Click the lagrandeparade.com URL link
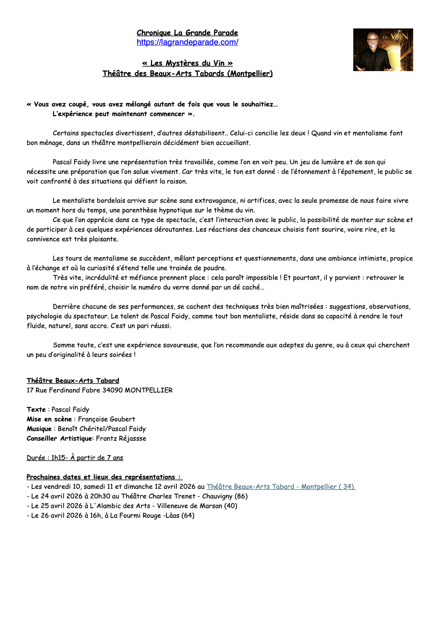[x=187, y=42]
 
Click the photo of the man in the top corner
[x=383, y=50]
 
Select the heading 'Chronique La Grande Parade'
[x=187, y=33]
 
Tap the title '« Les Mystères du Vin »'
[x=187, y=63]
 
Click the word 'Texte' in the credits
[x=36, y=409]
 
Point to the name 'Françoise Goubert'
[x=106, y=419]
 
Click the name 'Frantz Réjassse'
[x=121, y=438]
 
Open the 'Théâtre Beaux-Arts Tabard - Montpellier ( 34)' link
[x=281, y=487]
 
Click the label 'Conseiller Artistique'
[x=59, y=438]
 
